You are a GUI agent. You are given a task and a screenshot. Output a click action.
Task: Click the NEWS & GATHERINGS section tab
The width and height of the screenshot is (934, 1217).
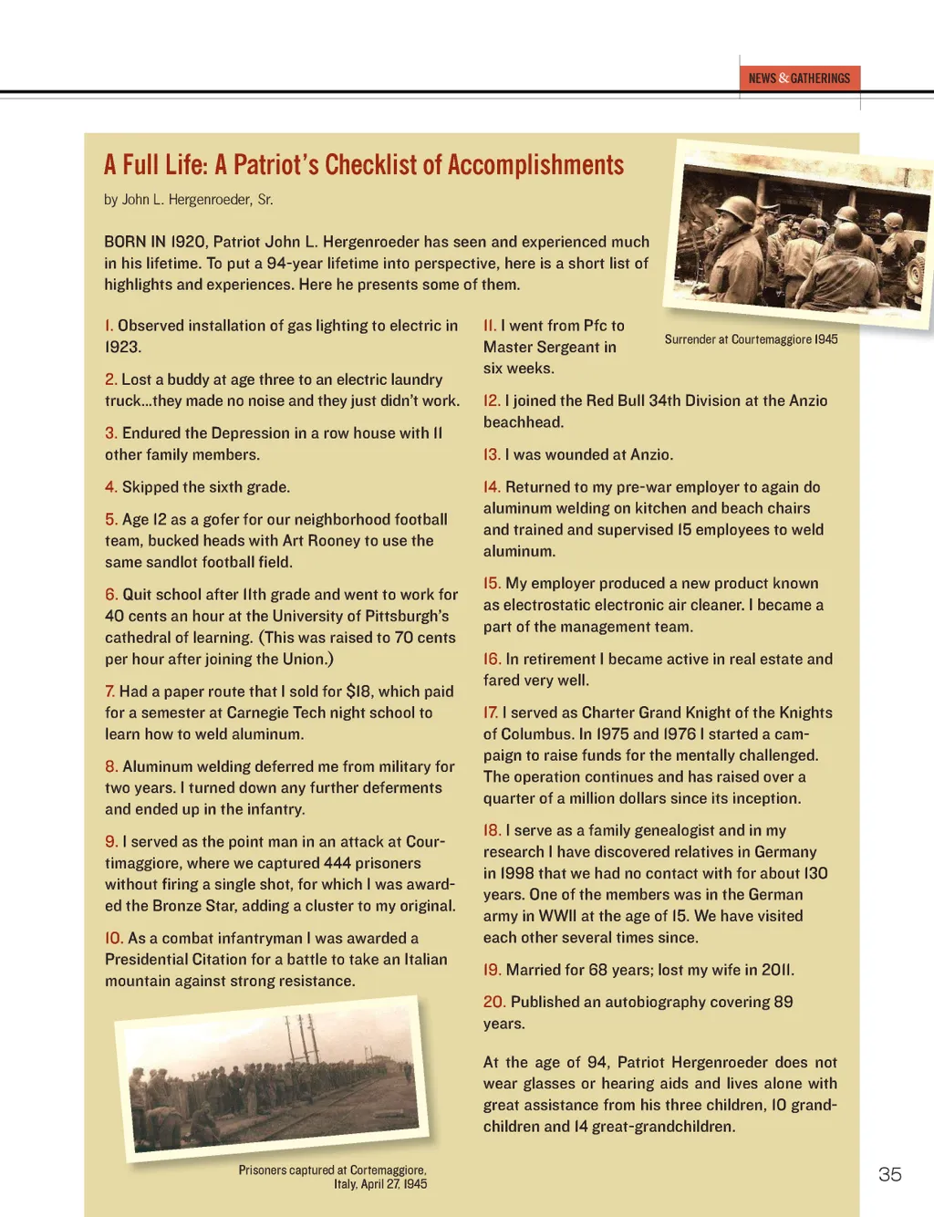click(799, 78)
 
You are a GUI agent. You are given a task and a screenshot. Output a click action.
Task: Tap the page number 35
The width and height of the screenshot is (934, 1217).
click(889, 1174)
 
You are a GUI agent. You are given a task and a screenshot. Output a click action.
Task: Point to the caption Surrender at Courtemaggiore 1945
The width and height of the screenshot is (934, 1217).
click(751, 339)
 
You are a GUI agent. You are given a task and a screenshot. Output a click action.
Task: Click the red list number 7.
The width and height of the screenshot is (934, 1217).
click(109, 692)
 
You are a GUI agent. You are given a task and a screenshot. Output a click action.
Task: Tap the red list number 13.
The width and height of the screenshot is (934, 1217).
click(492, 454)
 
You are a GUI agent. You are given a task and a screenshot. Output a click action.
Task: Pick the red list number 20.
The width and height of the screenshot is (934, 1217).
click(493, 1002)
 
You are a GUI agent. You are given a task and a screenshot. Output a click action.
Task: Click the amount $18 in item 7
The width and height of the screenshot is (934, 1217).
click(359, 692)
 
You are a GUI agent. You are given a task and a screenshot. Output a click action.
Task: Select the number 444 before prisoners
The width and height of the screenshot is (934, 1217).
click(337, 863)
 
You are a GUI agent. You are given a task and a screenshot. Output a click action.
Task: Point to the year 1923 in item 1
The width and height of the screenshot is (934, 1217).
click(122, 347)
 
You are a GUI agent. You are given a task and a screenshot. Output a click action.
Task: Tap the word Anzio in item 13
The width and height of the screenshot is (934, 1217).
click(650, 454)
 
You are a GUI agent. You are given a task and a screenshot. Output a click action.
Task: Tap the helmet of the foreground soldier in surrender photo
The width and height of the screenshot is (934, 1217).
click(737, 210)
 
